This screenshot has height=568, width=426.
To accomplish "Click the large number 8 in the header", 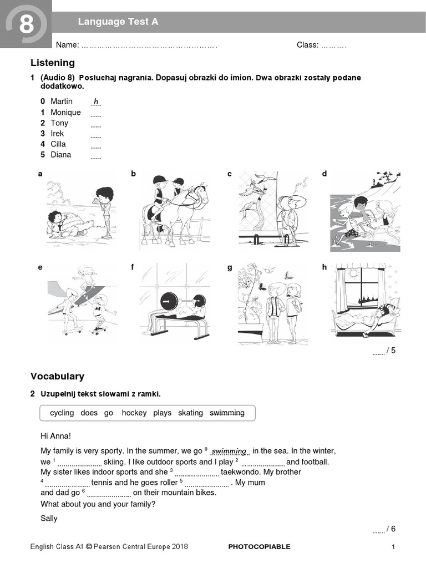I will pyautogui.click(x=26, y=24).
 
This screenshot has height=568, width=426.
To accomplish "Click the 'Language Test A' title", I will pyautogui.click(x=118, y=22).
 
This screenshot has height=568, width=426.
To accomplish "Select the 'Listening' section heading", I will pyautogui.click(x=53, y=63).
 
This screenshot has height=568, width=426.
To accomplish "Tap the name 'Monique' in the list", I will pyautogui.click(x=65, y=112).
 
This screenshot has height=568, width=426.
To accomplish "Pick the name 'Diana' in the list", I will pyautogui.click(x=60, y=154).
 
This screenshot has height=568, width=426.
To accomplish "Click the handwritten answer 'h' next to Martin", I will pyautogui.click(x=96, y=102).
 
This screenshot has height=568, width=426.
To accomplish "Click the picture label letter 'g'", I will pyautogui.click(x=229, y=267).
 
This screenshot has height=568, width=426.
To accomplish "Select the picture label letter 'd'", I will pyautogui.click(x=324, y=174).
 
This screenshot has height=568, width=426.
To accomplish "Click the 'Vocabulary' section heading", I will pyautogui.click(x=57, y=376).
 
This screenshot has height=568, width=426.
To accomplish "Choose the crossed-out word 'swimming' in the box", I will pyautogui.click(x=227, y=413).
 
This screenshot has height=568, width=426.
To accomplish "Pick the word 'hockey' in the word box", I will pyautogui.click(x=134, y=413).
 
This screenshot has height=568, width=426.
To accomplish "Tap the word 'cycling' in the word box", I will pyautogui.click(x=62, y=413).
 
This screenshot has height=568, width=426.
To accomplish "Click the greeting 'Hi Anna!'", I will pyautogui.click(x=56, y=436).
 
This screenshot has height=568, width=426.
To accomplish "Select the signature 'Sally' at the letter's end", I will pyautogui.click(x=49, y=519).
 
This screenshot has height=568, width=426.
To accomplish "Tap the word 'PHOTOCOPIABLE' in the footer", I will pyautogui.click(x=259, y=546).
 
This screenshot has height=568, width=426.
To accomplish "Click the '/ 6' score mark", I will pyautogui.click(x=390, y=529).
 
